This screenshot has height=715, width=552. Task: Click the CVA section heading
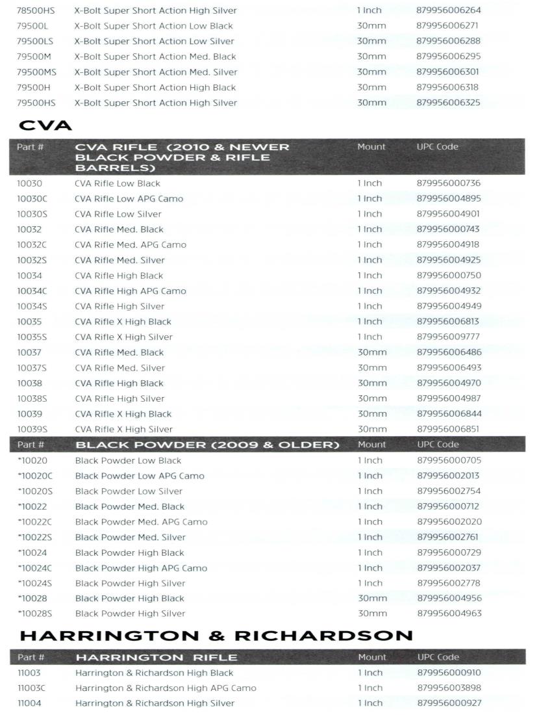point(45,125)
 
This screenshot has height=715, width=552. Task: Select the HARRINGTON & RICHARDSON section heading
point(216,635)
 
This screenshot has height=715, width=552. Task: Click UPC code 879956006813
point(449,322)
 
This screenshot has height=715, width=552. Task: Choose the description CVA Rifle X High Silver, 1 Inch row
point(124,337)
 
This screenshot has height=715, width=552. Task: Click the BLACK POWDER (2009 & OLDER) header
point(208,445)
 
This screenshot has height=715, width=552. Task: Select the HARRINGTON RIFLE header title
point(157,657)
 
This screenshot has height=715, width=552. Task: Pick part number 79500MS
point(36,72)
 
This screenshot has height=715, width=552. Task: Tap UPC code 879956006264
point(449,10)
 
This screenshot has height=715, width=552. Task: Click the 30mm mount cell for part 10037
point(371,352)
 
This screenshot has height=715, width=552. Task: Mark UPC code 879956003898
point(449,688)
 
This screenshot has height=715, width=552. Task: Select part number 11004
point(29,703)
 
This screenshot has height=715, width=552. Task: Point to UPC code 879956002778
point(449,583)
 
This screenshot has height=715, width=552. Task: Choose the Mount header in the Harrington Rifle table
point(371,657)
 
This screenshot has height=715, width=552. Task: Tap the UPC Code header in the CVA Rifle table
point(437,147)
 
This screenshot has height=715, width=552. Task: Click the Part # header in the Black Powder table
point(31,445)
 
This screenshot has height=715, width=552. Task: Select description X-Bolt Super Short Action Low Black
point(154,26)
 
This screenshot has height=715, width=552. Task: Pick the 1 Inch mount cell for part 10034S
point(370,306)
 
